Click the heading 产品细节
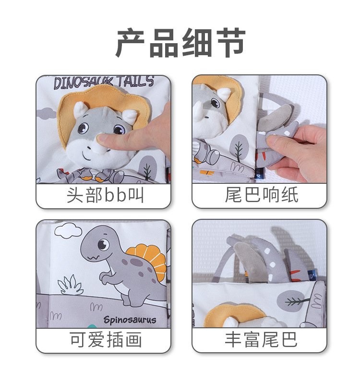pos(180,43)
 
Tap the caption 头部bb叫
pos(105,195)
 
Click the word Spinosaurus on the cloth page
pos(130,320)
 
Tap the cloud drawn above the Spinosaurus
pos(68,231)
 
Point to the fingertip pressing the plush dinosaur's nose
pos(103,139)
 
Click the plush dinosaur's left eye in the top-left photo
pos(83,128)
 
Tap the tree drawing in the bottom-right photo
pos(297,301)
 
